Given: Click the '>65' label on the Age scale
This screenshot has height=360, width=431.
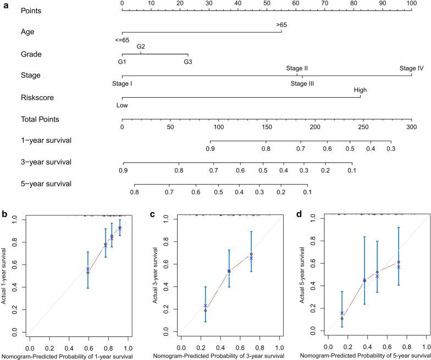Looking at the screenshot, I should [281, 25].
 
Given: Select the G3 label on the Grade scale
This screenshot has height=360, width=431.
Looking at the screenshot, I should [188, 62].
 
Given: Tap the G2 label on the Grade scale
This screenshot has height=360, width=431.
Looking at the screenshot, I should [141, 47].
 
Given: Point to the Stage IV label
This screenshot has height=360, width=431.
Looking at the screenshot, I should [411, 69].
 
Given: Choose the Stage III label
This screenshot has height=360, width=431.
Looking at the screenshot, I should [302, 84].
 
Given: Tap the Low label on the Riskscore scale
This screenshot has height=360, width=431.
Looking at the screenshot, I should [122, 105].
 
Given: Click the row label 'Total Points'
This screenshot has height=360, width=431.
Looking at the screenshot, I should [40, 119].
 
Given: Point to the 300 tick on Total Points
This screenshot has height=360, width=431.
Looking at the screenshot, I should [411, 127].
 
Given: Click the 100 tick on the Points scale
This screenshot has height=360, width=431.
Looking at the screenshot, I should [411, 4].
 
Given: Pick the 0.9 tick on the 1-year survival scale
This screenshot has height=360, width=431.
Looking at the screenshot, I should [210, 149].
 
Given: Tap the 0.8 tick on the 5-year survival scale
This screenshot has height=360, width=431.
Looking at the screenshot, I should [134, 192].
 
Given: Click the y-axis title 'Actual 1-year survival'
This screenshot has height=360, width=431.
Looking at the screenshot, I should [5, 276].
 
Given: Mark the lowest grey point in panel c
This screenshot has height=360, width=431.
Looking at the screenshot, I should [206, 311].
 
